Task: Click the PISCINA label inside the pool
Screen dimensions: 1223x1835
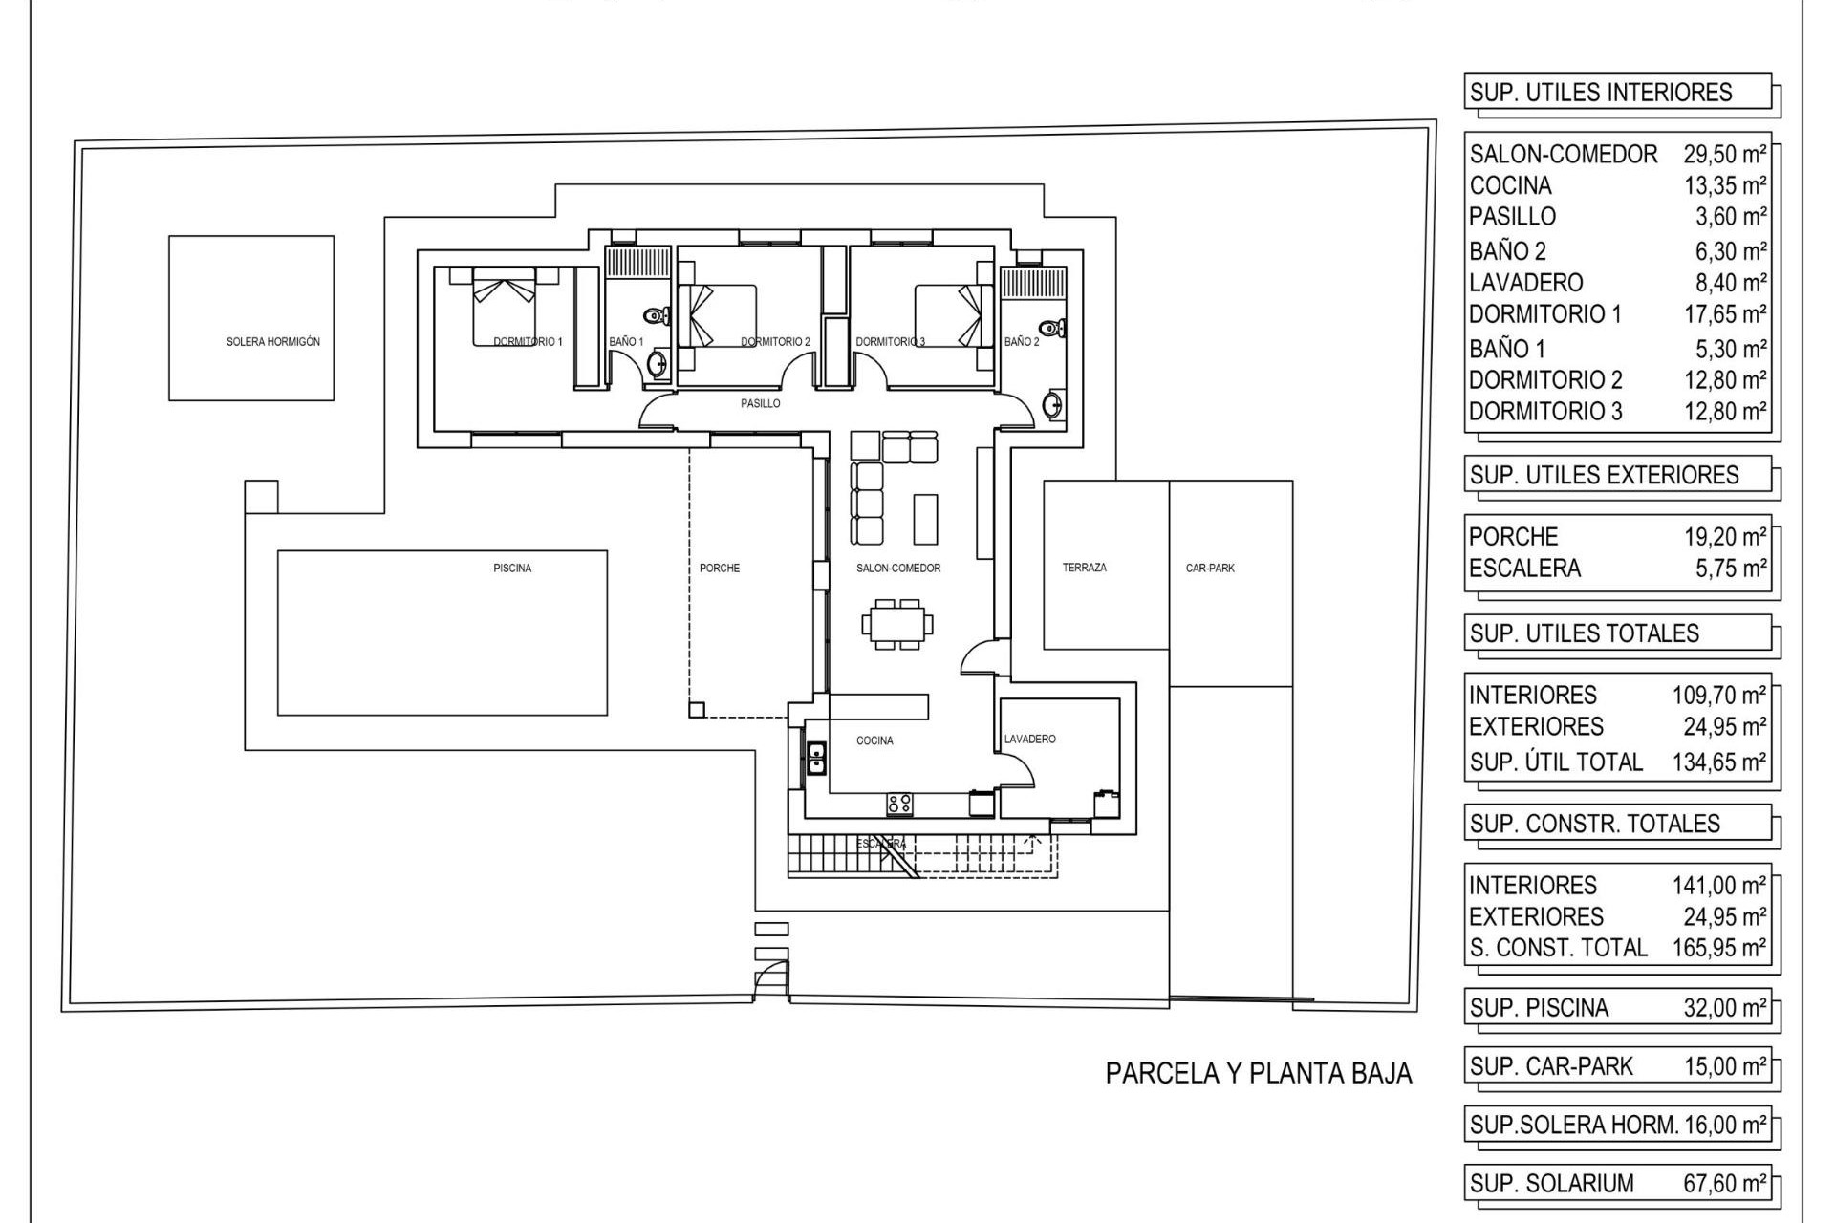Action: click(x=512, y=569)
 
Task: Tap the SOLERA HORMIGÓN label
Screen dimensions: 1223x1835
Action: click(x=273, y=342)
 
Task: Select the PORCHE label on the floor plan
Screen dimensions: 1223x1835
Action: click(x=720, y=569)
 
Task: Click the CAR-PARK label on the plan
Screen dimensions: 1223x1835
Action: click(x=1210, y=569)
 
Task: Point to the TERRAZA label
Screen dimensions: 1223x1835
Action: click(x=1084, y=568)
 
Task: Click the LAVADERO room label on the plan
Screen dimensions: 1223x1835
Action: click(x=1029, y=740)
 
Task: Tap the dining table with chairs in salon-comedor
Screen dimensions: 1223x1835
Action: click(x=897, y=625)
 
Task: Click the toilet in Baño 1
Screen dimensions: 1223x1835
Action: click(x=657, y=316)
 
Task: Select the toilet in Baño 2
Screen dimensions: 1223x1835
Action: click(x=1051, y=329)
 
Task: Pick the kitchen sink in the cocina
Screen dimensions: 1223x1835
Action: click(x=816, y=759)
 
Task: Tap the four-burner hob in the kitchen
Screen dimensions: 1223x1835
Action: click(x=898, y=805)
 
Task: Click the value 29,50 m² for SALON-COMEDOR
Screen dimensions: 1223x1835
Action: click(x=1724, y=155)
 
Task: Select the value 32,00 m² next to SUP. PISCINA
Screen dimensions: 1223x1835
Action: click(x=1724, y=1008)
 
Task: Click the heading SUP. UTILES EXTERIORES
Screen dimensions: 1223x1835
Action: click(x=1604, y=476)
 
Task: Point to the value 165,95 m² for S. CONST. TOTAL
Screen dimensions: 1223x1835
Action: click(x=1718, y=948)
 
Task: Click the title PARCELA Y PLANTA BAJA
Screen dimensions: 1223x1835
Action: click(x=1258, y=1074)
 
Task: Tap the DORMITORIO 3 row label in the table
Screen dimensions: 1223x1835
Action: click(x=1544, y=412)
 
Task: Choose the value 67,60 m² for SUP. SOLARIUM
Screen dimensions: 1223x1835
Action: click(x=1724, y=1184)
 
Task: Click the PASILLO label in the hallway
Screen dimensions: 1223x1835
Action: click(x=761, y=404)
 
